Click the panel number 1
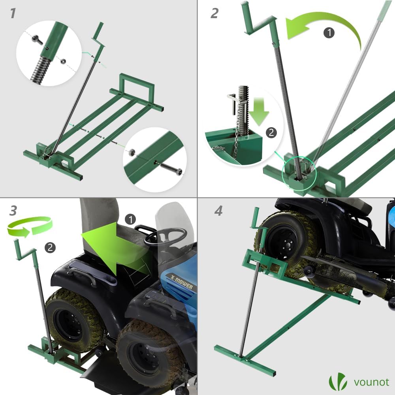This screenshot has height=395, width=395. [13, 13]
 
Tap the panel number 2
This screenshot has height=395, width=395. [214, 13]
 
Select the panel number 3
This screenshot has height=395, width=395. [13, 211]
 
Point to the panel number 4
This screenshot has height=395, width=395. [218, 211]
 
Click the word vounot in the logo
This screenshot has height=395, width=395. [371, 382]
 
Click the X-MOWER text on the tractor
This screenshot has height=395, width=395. [181, 282]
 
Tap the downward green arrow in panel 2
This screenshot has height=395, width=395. [259, 112]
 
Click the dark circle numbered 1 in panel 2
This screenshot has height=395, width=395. [329, 32]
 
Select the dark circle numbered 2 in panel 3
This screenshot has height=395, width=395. [50, 248]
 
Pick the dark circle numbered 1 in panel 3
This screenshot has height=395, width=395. [130, 219]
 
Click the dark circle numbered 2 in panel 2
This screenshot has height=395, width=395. [271, 132]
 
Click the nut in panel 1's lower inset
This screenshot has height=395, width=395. [132, 152]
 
